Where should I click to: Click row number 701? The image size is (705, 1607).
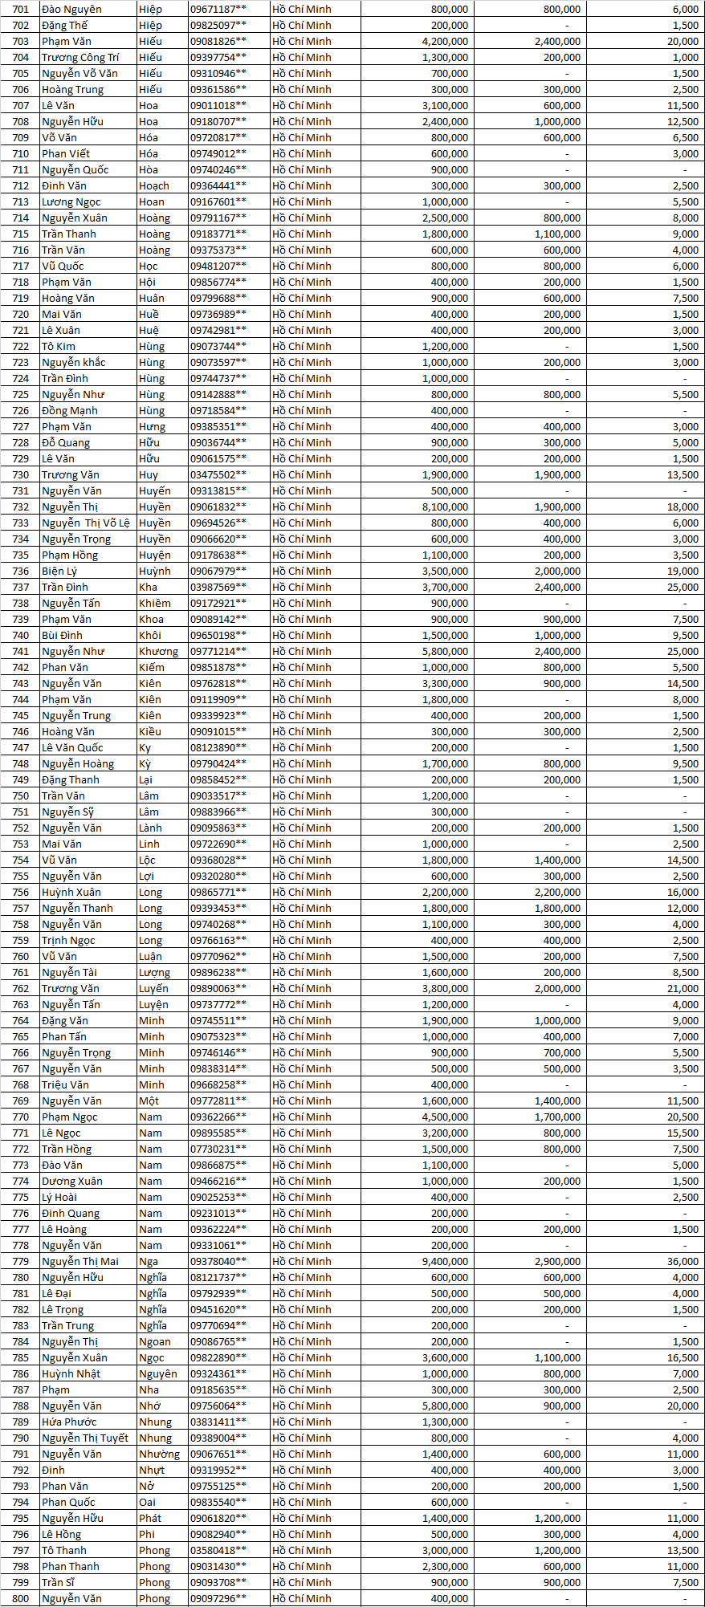coord(21,9)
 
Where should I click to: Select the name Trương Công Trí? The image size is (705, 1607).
coord(80,57)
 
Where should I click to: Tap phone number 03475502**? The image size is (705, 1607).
coord(218,474)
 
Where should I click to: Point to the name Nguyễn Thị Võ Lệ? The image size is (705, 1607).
coord(86,523)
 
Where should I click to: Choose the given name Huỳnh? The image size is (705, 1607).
coord(155,571)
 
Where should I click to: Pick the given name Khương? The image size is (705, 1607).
coord(159,651)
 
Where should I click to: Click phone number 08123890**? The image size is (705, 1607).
coord(218,747)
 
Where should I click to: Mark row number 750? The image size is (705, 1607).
coord(21,795)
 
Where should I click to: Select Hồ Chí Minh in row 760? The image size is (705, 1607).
coord(301,956)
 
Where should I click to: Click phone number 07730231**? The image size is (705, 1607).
coord(218,1149)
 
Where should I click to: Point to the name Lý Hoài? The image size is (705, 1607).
coord(59,1197)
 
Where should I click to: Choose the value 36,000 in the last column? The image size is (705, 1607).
coord(683,1261)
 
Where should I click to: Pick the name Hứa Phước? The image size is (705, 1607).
coord(69,1422)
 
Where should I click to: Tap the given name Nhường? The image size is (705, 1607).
coord(160,1454)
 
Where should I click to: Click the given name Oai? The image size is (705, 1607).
coord(148,1502)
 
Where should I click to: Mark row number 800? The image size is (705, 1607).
coord(21,1598)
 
